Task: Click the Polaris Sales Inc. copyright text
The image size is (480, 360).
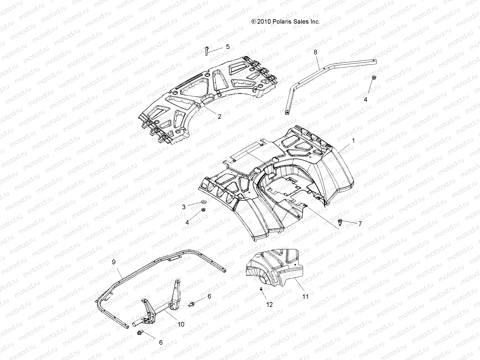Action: click(x=286, y=22)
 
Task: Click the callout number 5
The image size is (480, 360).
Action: click(x=228, y=46)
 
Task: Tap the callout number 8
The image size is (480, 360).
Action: click(x=315, y=52)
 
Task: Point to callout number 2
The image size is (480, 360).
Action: click(x=219, y=116)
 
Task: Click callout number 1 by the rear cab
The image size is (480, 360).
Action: click(x=353, y=140)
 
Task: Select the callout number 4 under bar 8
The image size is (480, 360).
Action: click(x=365, y=100)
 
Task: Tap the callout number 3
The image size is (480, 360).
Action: click(x=184, y=207)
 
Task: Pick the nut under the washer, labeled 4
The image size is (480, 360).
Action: click(x=203, y=209)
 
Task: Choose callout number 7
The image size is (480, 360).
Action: click(x=360, y=223)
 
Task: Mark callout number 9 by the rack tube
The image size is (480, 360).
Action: click(x=114, y=262)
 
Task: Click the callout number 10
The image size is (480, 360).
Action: click(x=181, y=324)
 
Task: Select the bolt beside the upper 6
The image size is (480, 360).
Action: click(x=191, y=304)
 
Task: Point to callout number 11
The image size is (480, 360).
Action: click(x=305, y=297)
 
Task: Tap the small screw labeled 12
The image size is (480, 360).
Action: click(x=261, y=289)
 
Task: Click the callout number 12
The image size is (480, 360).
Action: click(x=269, y=304)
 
